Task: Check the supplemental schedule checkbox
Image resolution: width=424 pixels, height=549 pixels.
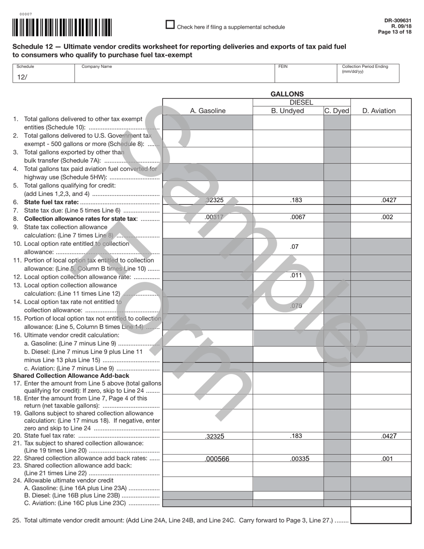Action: [170, 25]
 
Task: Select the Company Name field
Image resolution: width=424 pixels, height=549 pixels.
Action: [174, 76]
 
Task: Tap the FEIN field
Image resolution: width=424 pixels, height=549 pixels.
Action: [305, 76]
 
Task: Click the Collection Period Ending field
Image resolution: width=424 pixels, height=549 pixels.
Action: [368, 77]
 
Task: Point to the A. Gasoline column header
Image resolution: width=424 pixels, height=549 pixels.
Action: [208, 111]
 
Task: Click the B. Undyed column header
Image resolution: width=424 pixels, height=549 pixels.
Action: [287, 111]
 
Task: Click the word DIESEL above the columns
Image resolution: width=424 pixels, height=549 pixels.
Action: [301, 103]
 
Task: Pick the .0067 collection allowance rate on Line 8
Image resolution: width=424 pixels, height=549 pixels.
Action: [296, 217]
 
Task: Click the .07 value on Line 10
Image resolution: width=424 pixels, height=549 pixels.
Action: [294, 246]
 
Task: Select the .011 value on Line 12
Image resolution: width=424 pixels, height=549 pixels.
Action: [295, 275]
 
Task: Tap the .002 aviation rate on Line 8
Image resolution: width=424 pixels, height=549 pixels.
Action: [387, 217]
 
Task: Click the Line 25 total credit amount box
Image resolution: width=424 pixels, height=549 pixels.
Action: [381, 515]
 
